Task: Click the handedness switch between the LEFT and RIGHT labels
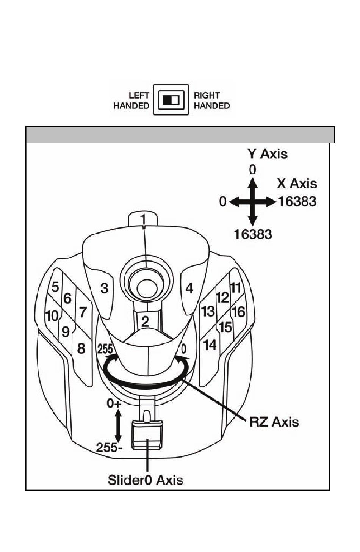171,100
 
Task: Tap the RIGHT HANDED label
211,100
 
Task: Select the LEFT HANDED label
131,100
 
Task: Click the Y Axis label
268,154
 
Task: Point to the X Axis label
297,183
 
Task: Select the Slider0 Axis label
146,480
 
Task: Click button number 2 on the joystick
145,321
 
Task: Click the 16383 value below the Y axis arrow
253,234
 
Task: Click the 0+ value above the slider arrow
114,403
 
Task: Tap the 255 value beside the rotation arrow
105,349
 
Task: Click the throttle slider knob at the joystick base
147,435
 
